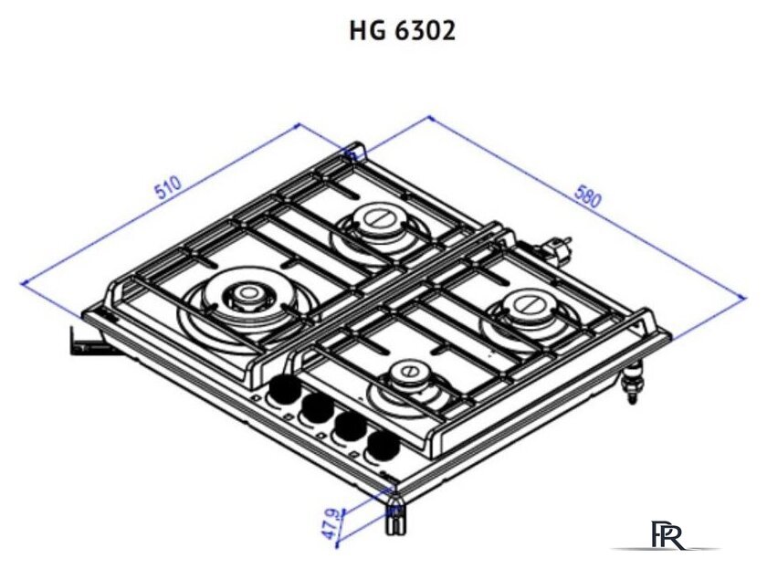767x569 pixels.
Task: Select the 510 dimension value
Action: click(x=169, y=189)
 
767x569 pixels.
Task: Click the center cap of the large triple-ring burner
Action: click(x=245, y=293)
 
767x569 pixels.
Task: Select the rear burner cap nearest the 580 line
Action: click(x=373, y=219)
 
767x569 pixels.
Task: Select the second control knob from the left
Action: click(x=317, y=410)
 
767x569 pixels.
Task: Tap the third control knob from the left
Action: click(x=348, y=427)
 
